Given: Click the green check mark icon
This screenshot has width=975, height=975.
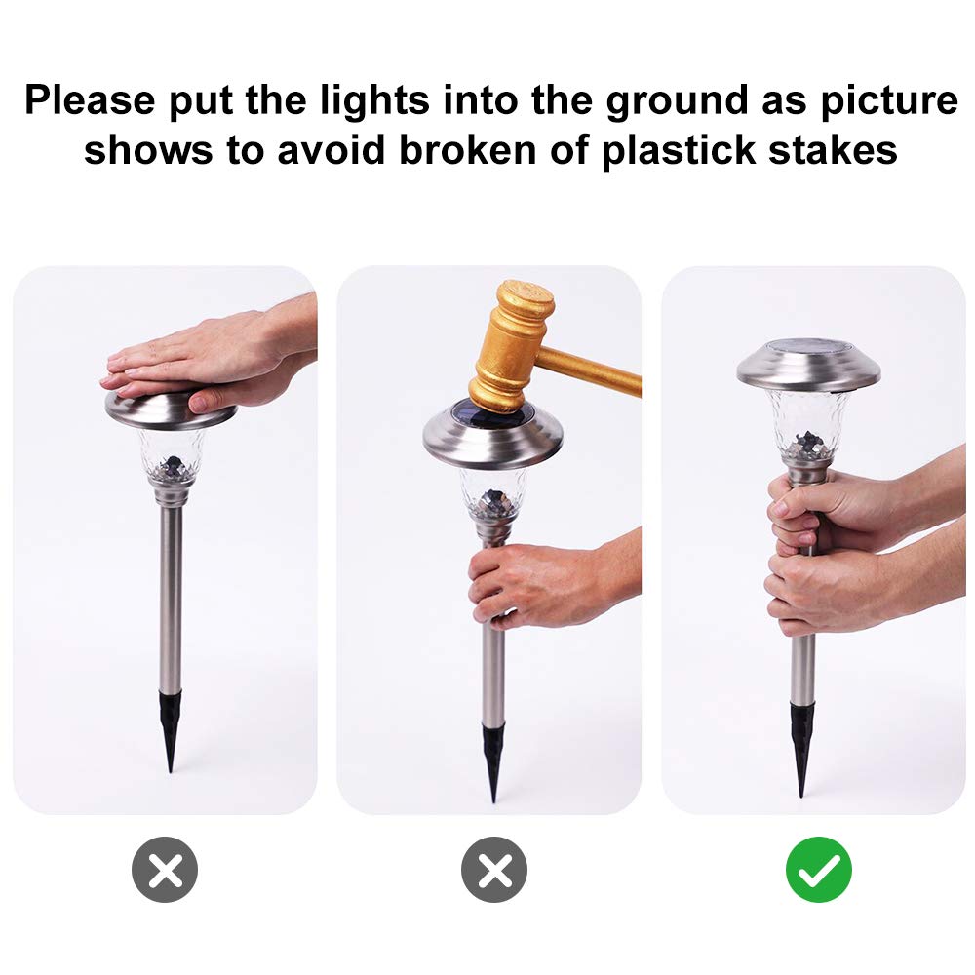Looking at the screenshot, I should (x=818, y=869).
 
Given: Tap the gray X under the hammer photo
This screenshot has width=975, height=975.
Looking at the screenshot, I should (x=493, y=869).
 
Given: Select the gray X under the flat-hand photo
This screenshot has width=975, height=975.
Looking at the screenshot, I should (x=165, y=869).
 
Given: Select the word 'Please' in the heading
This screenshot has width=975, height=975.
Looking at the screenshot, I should (x=89, y=101).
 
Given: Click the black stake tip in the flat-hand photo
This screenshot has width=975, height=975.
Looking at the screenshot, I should (x=171, y=731).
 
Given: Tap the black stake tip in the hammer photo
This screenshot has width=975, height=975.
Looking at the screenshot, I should (x=493, y=760).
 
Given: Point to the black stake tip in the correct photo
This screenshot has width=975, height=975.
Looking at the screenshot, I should (x=802, y=746).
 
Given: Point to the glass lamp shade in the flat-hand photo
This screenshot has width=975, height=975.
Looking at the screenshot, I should (x=171, y=453).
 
